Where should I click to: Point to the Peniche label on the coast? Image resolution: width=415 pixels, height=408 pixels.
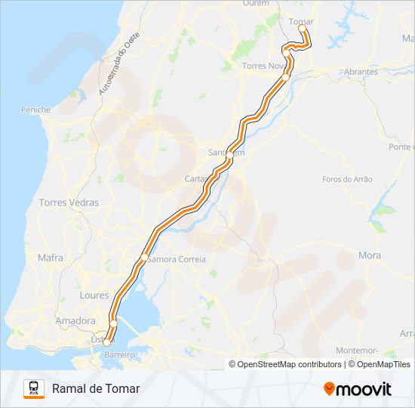(35, 110)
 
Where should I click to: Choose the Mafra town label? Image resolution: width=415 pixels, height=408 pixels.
(51, 258)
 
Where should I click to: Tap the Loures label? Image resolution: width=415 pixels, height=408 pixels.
(94, 295)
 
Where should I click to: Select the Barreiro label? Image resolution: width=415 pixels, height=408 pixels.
(118, 354)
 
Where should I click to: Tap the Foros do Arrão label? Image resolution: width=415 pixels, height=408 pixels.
(347, 179)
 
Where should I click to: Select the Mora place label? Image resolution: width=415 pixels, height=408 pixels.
(370, 255)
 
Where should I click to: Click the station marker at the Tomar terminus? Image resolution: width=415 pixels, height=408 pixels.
(302, 28)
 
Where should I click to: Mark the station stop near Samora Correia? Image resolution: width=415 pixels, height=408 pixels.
(144, 258)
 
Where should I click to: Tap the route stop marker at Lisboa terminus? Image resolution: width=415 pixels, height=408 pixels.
(106, 343)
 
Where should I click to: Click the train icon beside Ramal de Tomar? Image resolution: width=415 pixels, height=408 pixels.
(34, 388)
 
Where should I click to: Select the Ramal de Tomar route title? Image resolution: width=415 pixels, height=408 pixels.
(96, 388)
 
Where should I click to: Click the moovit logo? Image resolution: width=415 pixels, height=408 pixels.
(358, 389)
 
